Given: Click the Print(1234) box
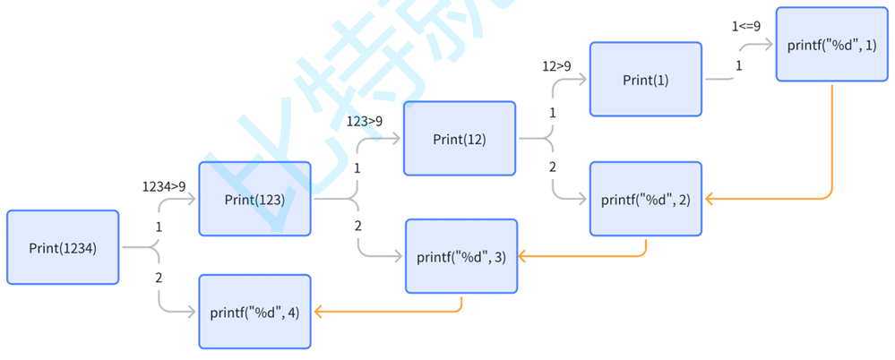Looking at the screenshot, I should click(63, 247).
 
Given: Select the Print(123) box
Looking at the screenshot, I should click(254, 199).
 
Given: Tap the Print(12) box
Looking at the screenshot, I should click(460, 139).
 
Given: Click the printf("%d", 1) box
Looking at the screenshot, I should click(831, 45).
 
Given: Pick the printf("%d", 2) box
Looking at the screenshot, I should click(645, 198).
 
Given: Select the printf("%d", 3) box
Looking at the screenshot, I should click(460, 256).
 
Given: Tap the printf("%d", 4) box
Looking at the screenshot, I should click(254, 312).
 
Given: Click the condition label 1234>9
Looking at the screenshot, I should click(164, 186).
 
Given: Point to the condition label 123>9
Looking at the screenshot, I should click(365, 120).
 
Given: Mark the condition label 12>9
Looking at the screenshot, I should click(556, 65).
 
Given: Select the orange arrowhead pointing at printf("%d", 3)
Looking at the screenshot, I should click(523, 256).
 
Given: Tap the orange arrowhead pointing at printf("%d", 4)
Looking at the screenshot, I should click(318, 312).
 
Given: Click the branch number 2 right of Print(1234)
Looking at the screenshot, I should click(159, 278).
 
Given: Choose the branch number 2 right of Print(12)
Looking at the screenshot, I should click(553, 167).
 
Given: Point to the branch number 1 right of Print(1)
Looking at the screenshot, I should click(738, 65).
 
